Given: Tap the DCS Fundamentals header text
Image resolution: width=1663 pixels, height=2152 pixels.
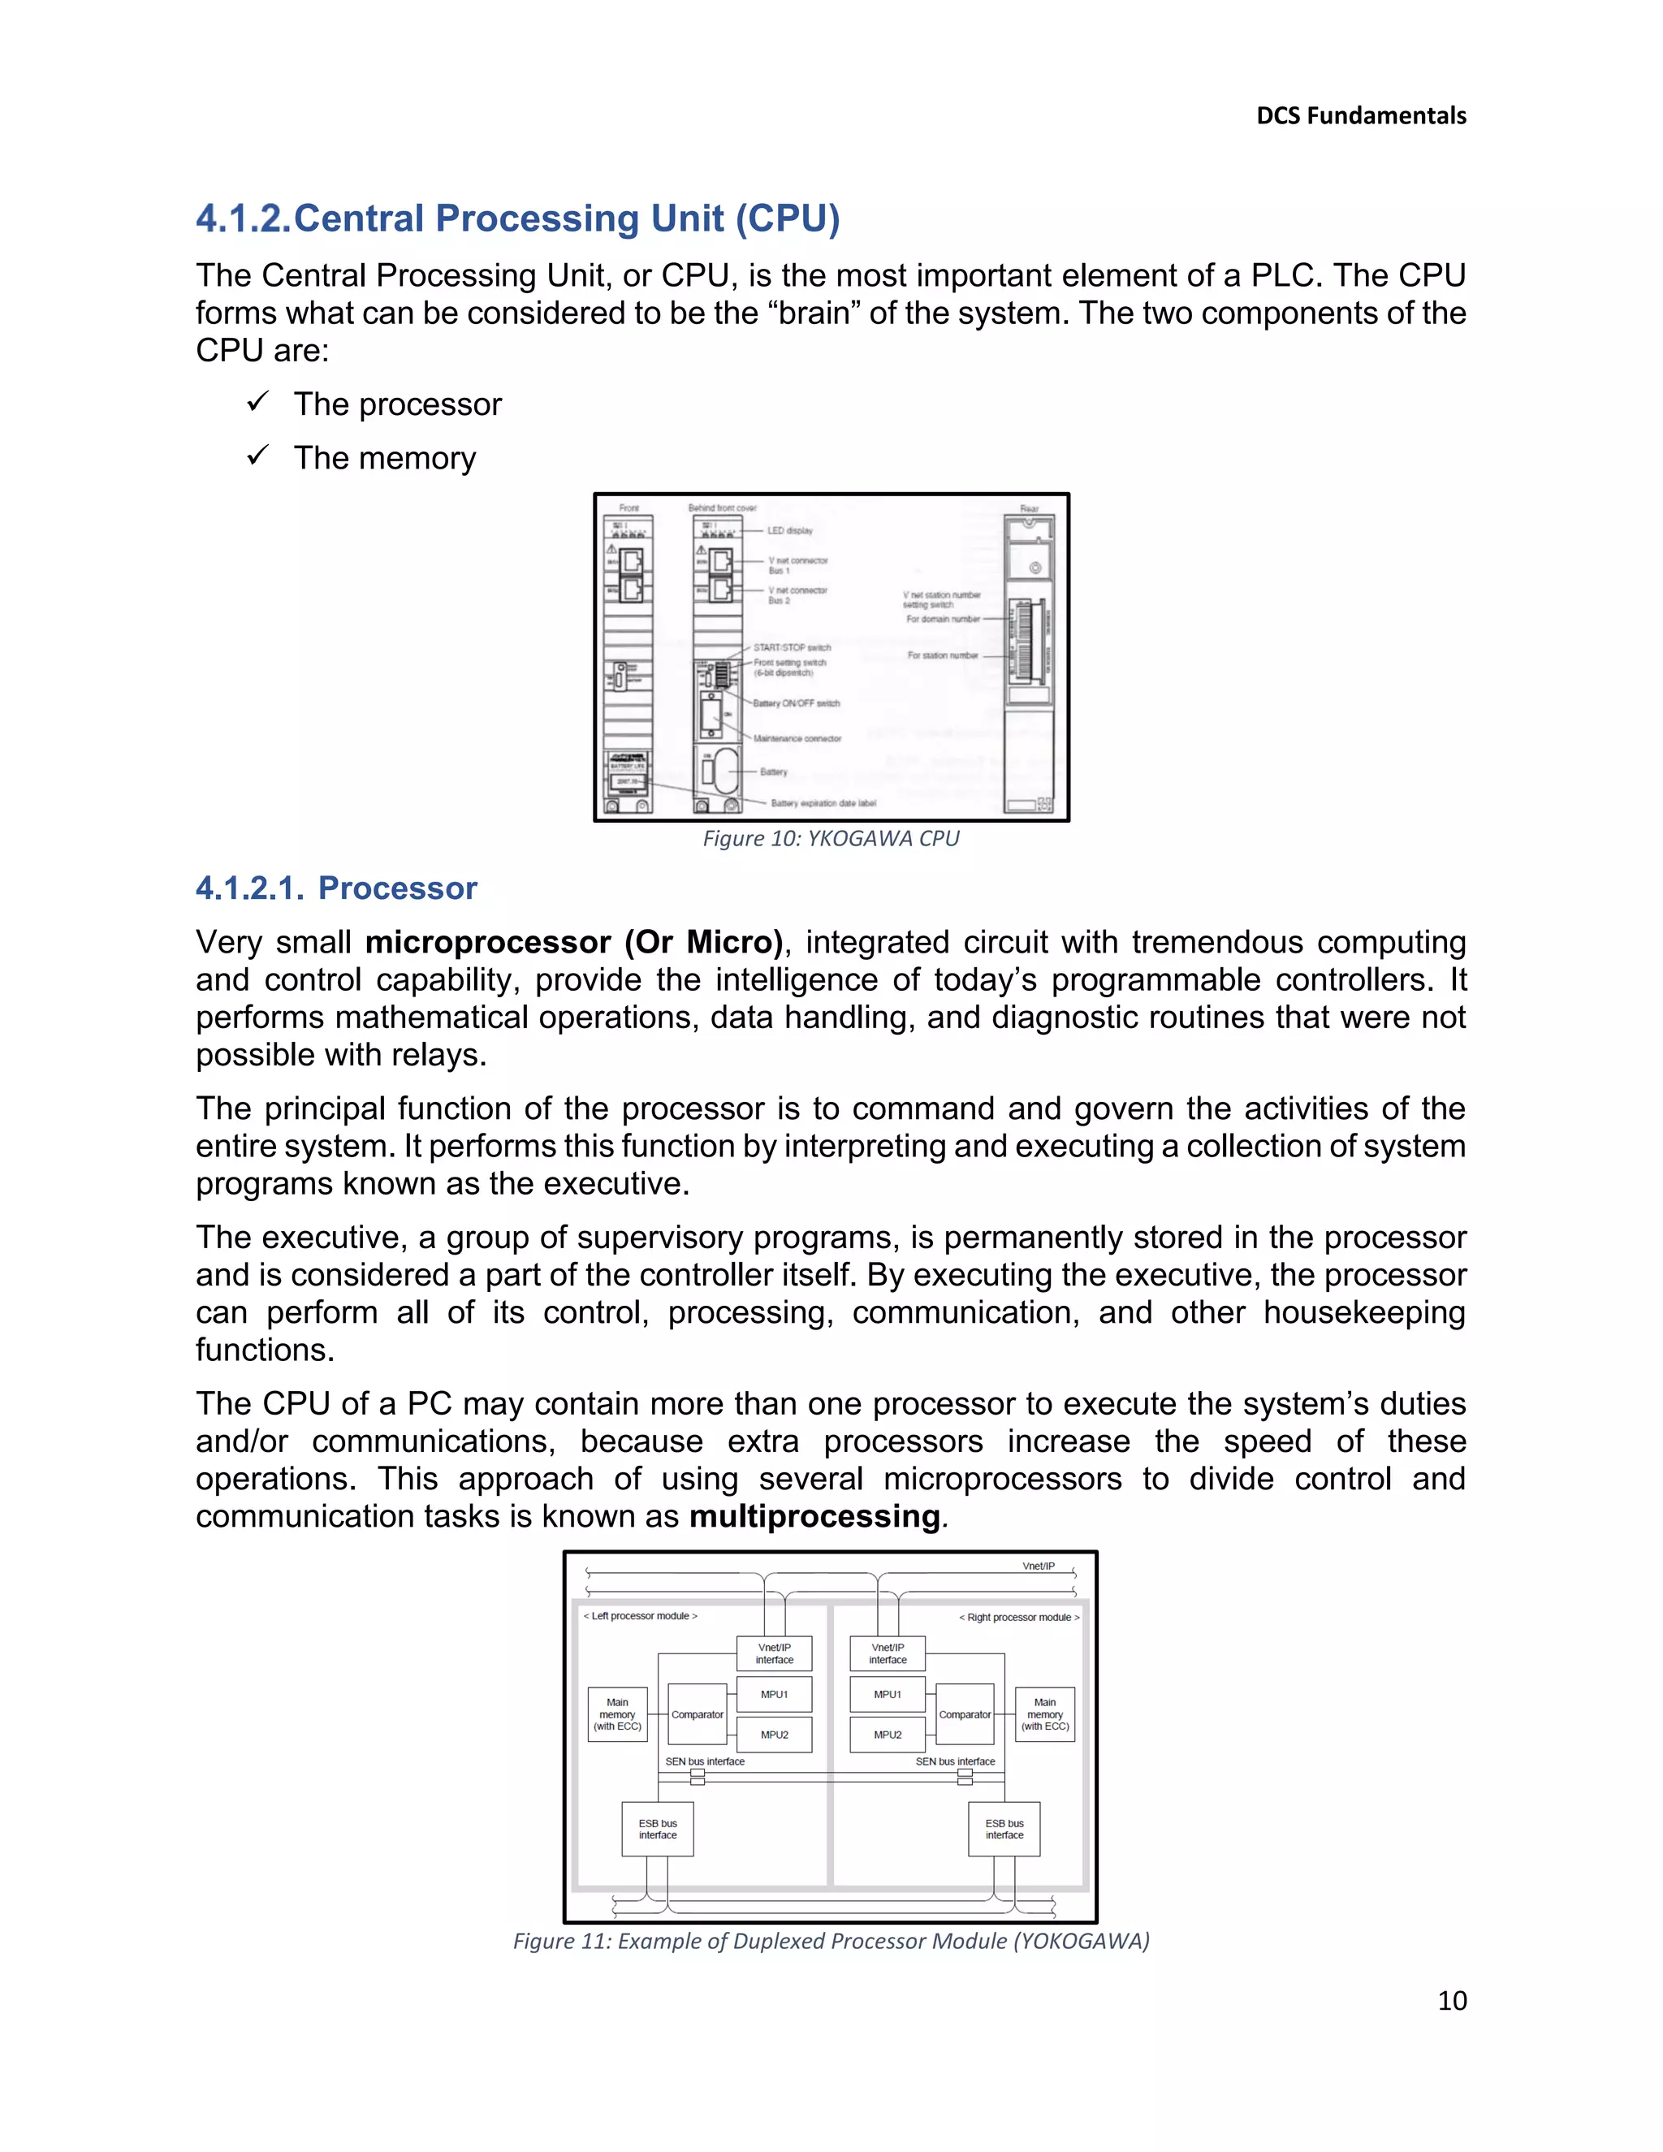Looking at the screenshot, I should click(1361, 116).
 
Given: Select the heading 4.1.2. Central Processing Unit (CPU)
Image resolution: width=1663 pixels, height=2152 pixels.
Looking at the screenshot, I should click(517, 218).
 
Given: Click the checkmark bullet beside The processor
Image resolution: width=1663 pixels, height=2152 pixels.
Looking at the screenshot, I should click(258, 402).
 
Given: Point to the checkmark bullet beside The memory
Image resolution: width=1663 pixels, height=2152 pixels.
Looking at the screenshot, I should click(258, 456).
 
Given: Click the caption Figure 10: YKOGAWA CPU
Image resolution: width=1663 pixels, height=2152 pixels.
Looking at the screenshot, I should click(831, 839).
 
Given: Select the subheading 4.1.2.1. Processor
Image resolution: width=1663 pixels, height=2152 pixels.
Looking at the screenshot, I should click(336, 888).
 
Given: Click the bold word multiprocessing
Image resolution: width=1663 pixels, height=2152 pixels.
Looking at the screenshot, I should click(814, 1515).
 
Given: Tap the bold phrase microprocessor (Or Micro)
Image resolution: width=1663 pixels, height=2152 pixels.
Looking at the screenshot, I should click(573, 942).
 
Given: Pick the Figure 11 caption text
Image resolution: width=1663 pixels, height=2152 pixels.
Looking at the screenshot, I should click(831, 1940).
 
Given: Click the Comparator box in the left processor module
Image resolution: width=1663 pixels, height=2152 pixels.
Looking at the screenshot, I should click(697, 1714).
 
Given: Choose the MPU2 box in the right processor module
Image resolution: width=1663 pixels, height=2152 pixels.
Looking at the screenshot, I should click(887, 1735).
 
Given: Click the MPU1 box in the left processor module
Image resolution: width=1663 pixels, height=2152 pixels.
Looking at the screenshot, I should click(775, 1694).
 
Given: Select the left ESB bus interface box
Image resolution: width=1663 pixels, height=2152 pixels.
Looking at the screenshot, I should click(657, 1829).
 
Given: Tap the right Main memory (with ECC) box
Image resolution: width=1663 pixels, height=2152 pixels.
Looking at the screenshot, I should click(1044, 1714).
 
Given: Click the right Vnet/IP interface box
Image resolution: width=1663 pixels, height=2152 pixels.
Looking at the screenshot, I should click(887, 1653).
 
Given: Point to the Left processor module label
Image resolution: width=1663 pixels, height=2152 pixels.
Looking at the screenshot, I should click(641, 1616).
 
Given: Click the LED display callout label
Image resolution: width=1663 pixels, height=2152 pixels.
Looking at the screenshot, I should click(790, 530).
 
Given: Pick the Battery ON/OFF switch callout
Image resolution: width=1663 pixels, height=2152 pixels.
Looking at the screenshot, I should click(796, 703).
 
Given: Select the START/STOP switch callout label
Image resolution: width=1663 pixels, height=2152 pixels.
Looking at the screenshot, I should click(792, 647).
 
